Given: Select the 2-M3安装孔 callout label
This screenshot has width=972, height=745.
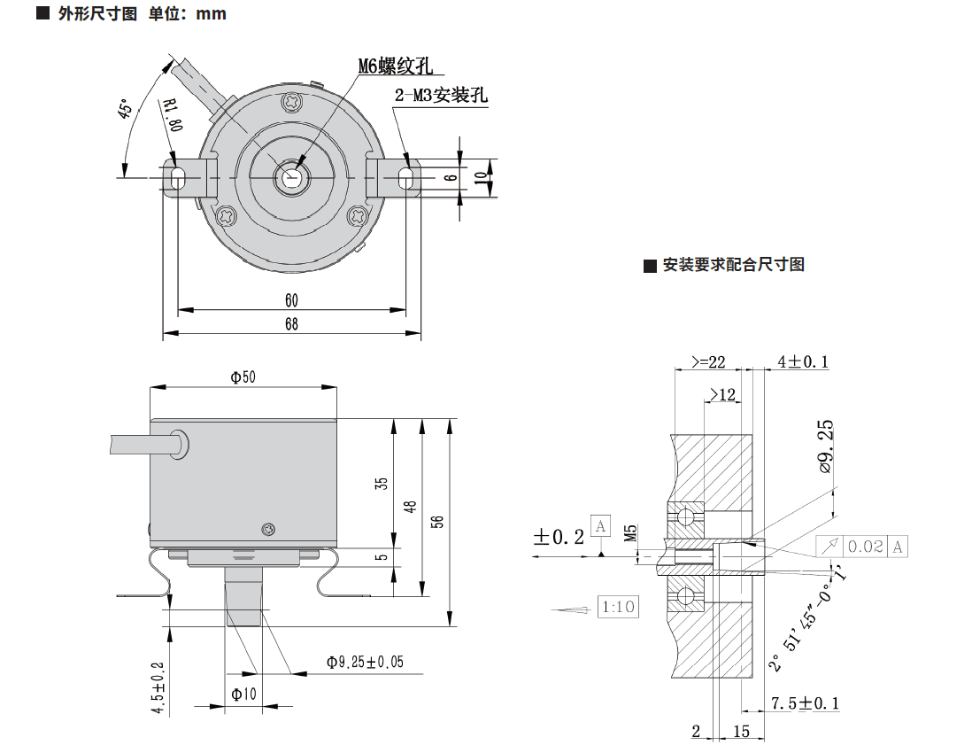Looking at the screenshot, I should point(441,96).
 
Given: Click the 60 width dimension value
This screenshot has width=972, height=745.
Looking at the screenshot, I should point(291,300).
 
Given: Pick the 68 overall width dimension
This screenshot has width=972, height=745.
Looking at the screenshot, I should point(291,324).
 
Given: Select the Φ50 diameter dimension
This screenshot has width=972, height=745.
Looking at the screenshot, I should point(243,377).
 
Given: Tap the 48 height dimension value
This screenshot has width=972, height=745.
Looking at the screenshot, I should point(410,507).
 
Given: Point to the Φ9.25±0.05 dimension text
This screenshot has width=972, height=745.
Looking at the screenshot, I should point(365,662).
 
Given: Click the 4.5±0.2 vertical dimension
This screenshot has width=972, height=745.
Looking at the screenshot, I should point(158,688).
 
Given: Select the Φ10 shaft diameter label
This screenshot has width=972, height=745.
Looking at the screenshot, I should point(243,695).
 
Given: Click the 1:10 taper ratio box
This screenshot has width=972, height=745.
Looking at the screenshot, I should point(617,608).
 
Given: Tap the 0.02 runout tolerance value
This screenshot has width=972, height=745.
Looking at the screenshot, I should point(866,547).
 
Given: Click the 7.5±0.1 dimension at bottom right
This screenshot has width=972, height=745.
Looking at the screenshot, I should point(805,703).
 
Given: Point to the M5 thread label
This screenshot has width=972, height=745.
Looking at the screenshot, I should point(631,532).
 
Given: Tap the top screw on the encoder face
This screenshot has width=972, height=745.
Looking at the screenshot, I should point(292,103).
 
